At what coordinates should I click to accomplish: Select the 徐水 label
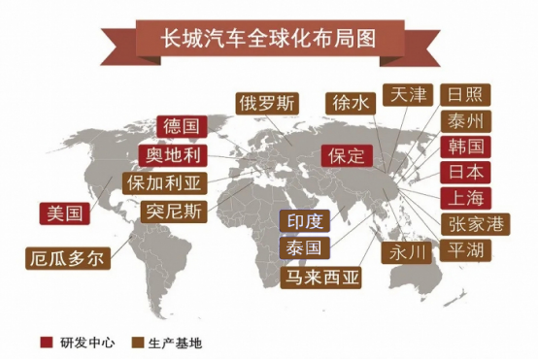(x=348, y=104)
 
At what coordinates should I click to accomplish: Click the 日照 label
(x=465, y=96)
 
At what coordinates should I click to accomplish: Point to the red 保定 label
(x=345, y=155)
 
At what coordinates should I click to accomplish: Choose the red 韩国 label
(x=465, y=147)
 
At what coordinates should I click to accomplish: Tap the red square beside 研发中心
(x=46, y=342)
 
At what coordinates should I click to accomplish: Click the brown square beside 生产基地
(x=139, y=342)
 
